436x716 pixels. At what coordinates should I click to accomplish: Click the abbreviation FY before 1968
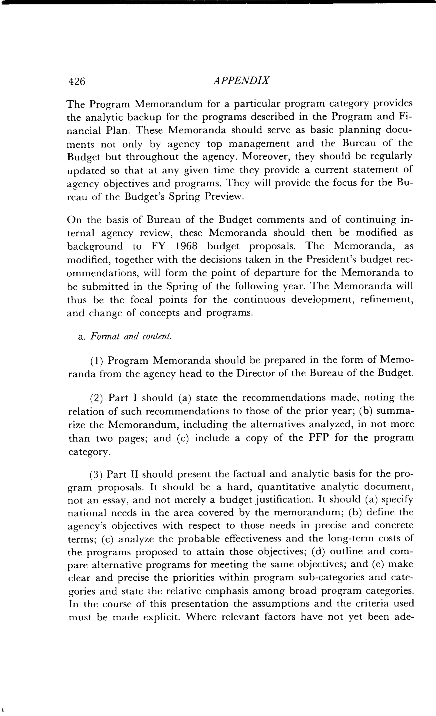[x=158, y=246]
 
